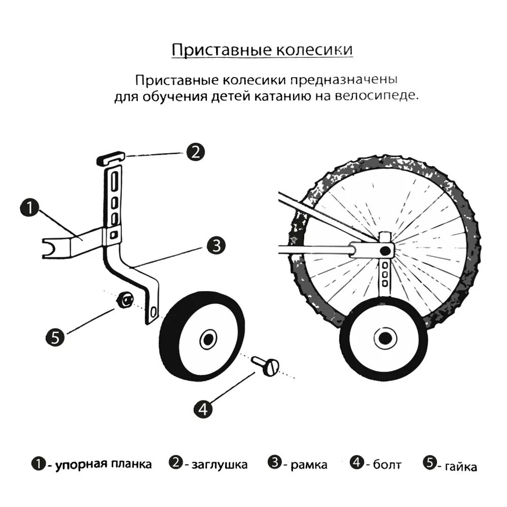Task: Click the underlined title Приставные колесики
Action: coord(262,51)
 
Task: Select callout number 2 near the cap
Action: coord(195,152)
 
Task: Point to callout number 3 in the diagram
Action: coord(216,246)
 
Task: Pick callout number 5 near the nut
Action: coord(55,337)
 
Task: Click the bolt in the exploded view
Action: coord(266,365)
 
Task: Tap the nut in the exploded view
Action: coord(124,301)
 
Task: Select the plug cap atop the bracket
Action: coord(111,158)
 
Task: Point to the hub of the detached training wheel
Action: coord(207,339)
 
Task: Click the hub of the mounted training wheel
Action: coord(383,337)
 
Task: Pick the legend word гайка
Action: coord(460,466)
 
